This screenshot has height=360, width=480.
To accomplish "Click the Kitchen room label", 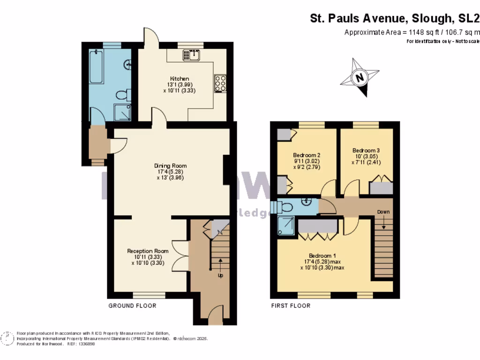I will (180, 78).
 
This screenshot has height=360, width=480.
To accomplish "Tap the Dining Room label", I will (171, 165).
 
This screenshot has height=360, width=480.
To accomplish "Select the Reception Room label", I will (148, 251).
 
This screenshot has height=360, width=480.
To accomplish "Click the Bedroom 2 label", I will (307, 155).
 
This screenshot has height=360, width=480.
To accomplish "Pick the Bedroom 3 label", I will (366, 150).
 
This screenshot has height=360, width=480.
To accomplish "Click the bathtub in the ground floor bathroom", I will (97, 67).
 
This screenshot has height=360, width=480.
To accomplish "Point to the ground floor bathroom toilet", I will (122, 95).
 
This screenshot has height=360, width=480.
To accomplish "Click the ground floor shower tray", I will (123, 112).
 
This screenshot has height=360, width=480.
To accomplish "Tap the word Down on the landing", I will (383, 212).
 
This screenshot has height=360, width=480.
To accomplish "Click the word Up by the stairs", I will (220, 275).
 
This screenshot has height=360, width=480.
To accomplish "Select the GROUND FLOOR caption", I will (132, 306).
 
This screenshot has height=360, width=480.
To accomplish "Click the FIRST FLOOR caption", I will (291, 306).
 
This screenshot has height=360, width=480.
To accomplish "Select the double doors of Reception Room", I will (181, 255).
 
